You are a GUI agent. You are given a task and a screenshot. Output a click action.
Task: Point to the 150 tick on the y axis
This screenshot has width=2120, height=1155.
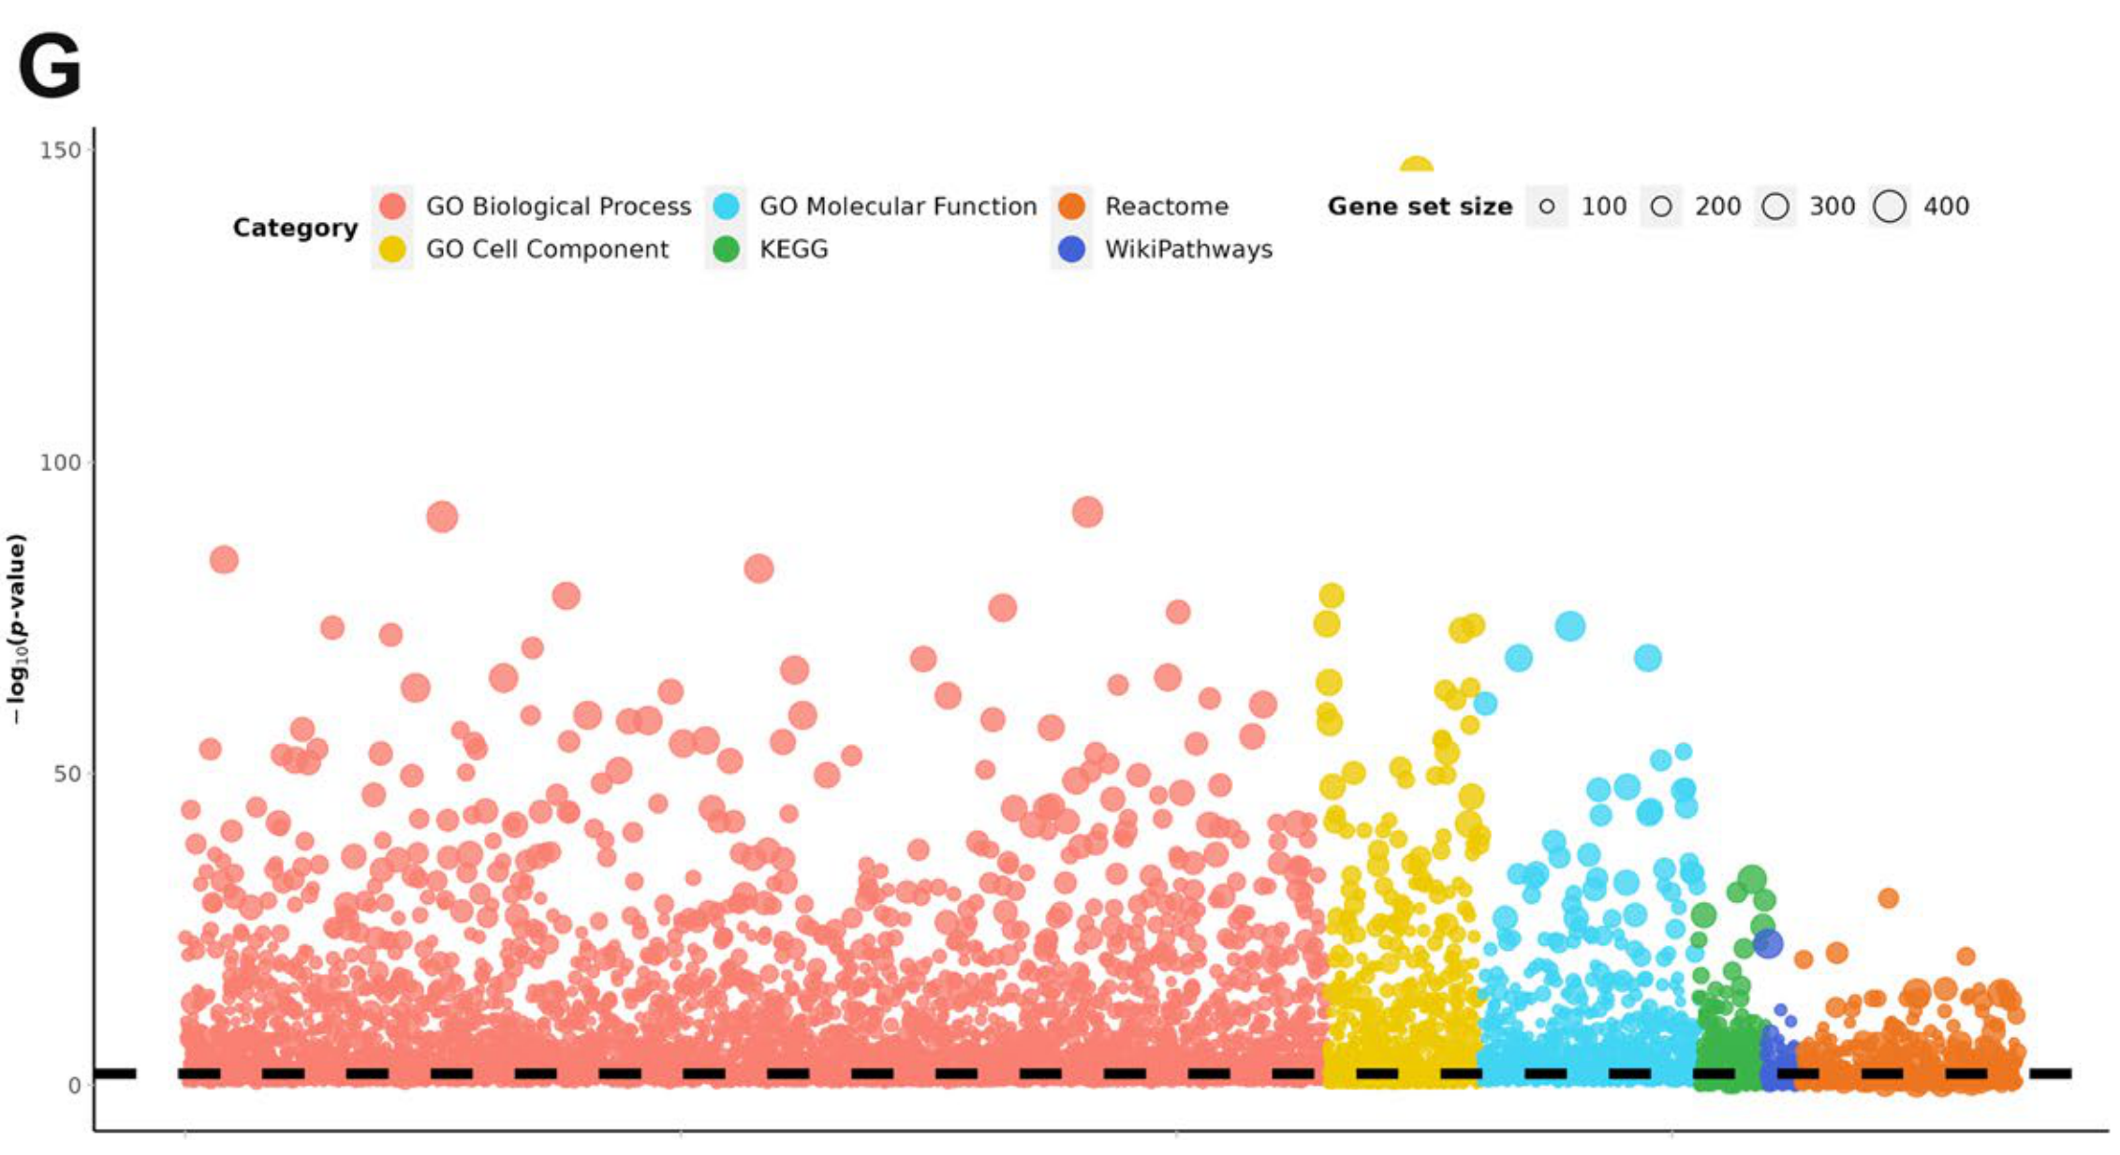60,150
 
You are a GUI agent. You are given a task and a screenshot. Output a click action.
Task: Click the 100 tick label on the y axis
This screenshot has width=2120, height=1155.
60,462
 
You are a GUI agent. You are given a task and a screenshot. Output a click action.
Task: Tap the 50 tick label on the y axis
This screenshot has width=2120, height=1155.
66,774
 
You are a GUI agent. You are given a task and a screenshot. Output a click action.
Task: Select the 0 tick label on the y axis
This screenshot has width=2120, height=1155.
74,1086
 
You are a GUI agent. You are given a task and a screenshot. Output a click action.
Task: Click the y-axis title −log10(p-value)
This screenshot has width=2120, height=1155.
17,629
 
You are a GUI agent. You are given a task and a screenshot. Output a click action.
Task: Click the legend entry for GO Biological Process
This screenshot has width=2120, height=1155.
558,206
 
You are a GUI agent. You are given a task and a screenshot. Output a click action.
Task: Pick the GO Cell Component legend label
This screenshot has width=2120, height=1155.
547,249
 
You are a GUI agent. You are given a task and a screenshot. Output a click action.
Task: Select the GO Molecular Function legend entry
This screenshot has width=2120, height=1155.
897,206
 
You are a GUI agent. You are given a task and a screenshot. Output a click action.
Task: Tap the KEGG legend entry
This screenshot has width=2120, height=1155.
793,249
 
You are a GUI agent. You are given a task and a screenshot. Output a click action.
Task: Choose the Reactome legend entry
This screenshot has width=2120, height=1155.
1166,206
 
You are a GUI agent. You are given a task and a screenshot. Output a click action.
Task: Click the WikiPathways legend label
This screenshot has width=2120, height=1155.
1188,249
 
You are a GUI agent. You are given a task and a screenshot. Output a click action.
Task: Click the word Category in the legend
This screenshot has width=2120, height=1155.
295,228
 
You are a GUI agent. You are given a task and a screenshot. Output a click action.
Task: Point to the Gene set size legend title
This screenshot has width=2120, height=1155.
1420,206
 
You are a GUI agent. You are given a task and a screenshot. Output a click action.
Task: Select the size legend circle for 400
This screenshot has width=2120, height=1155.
1890,206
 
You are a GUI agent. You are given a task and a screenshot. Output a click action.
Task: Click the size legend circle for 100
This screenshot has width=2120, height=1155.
1547,206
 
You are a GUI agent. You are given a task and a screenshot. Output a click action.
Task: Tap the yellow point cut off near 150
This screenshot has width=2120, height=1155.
1416,167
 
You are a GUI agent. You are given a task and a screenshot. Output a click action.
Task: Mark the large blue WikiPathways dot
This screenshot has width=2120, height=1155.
1767,943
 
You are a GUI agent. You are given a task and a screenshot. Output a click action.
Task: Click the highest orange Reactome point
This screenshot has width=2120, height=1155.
1888,898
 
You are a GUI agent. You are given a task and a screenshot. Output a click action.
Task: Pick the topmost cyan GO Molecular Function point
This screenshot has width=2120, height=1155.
1570,627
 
